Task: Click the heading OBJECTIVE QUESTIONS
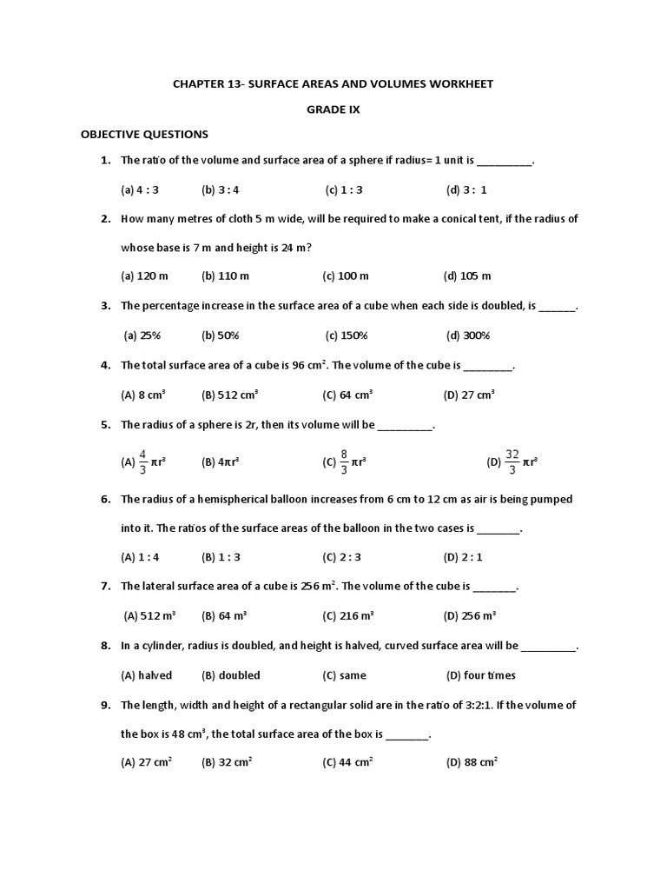(144, 135)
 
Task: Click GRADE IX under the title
(333, 110)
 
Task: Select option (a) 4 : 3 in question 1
(140, 189)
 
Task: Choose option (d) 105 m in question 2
(467, 276)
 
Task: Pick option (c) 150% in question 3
(347, 335)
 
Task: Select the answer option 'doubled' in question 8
(231, 675)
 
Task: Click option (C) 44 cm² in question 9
(347, 762)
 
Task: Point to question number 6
(106, 500)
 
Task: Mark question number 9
(106, 705)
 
